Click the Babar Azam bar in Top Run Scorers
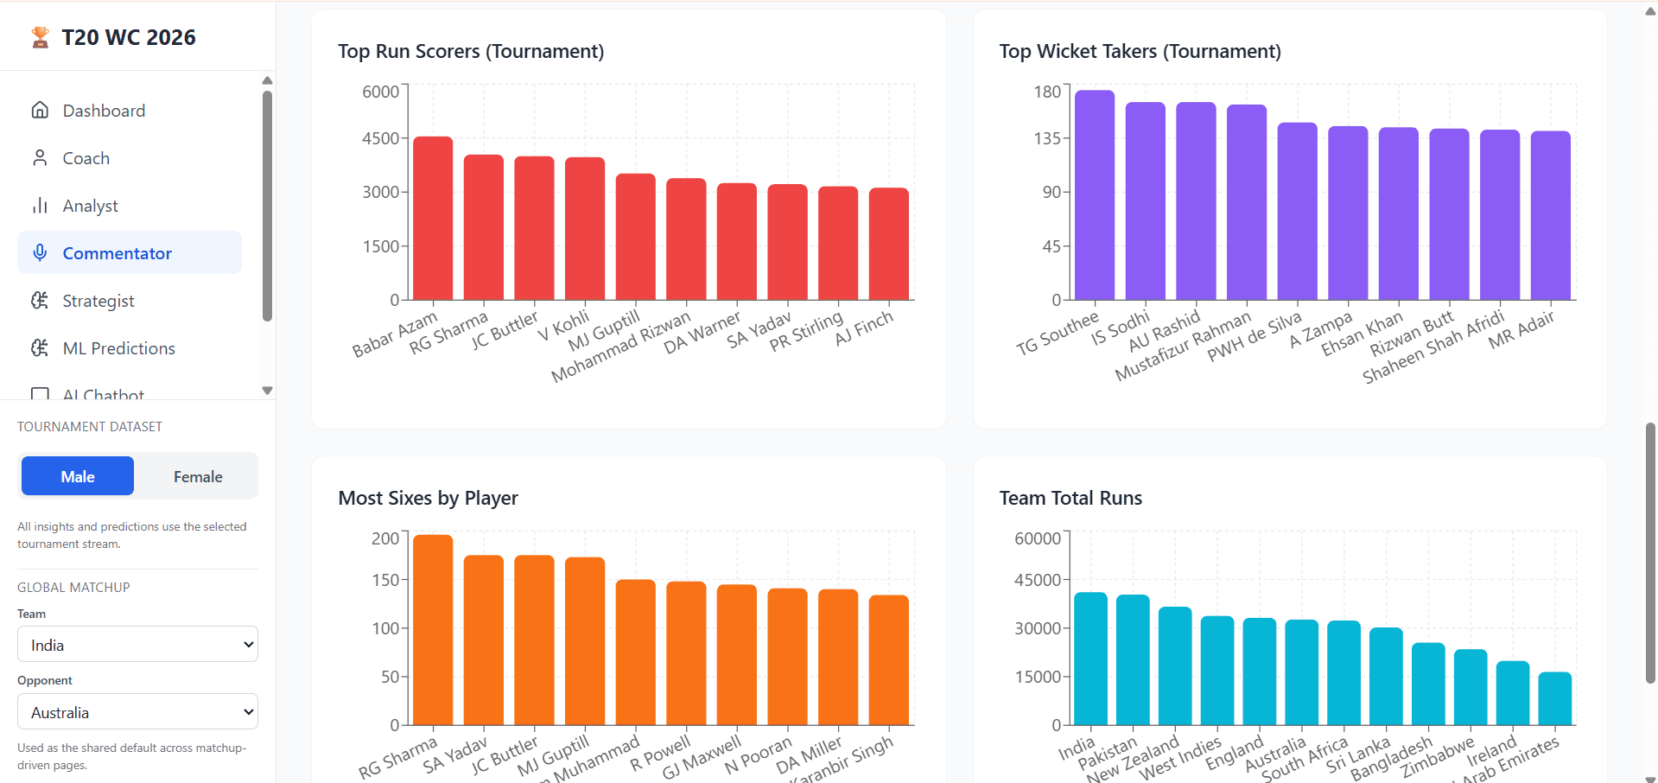432,219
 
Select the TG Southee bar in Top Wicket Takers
1094,195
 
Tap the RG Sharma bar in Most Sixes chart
432,630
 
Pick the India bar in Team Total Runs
1090,659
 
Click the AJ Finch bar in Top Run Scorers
888,244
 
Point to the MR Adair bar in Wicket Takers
1550,216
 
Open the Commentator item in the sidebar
118,253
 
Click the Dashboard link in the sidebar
104,111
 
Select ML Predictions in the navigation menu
118,348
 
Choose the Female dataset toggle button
198,477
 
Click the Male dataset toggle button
78,477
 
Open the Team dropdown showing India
137,645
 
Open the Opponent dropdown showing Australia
137,712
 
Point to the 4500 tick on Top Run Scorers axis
380,138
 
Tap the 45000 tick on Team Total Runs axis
1037,580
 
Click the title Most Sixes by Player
428,498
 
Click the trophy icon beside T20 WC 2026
40,37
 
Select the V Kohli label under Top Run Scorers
563,327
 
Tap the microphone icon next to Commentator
40,252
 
